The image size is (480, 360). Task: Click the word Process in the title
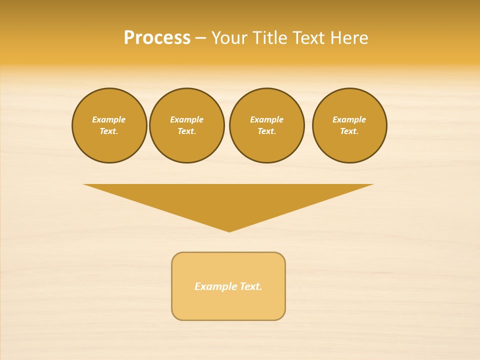157,38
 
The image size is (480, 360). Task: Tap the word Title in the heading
267,38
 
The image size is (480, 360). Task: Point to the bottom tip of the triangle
229,230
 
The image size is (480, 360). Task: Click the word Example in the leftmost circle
109,119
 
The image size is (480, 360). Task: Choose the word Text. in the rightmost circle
349,131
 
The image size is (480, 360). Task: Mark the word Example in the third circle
266,119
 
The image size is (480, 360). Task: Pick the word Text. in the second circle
186,131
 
